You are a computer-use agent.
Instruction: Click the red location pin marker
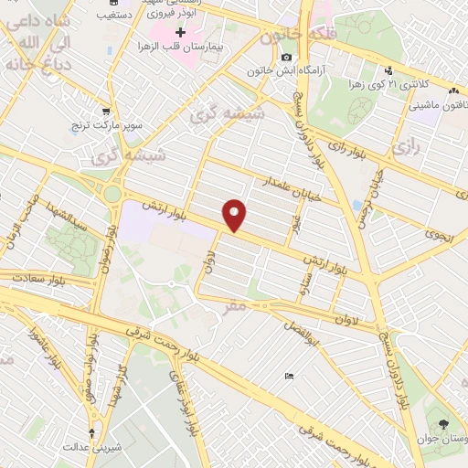tap(235, 215)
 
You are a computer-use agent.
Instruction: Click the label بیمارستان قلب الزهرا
tap(181, 45)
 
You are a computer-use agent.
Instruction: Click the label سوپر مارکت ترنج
tap(111, 122)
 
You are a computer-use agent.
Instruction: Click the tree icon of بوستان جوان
tap(443, 424)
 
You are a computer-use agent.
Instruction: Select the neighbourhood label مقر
tap(235, 307)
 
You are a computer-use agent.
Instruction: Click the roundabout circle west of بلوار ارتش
tap(112, 194)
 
